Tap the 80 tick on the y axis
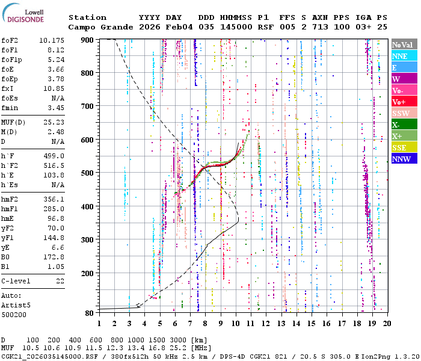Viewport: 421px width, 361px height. pos(89,313)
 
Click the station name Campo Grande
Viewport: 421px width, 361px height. pos(93,27)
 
